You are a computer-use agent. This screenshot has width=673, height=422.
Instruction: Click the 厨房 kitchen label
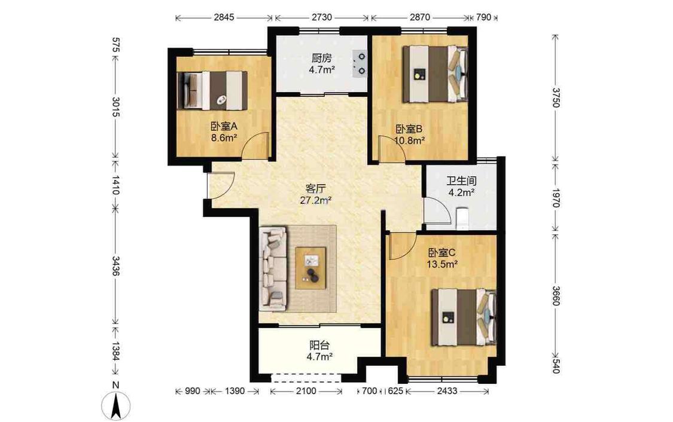321,58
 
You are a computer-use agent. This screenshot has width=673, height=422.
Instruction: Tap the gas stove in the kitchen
360,63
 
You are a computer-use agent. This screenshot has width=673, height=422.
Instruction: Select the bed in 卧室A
212,90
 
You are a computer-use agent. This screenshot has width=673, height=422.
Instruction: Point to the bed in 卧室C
464,317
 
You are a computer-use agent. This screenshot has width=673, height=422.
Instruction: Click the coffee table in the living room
310,268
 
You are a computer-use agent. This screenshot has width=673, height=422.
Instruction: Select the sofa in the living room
273,270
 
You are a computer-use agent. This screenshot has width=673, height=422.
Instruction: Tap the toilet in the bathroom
462,217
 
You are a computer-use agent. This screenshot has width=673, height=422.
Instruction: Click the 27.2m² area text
315,200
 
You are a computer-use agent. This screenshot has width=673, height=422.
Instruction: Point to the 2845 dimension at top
224,17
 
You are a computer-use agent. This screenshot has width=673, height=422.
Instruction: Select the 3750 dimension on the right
556,98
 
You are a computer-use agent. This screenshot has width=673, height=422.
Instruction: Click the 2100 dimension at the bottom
306,391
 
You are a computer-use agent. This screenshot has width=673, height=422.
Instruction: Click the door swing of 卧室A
255,145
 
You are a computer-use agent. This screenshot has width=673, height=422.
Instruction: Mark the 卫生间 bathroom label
461,181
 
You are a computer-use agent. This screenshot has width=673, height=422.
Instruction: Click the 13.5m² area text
441,264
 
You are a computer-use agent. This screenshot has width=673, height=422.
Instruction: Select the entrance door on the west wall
220,185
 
